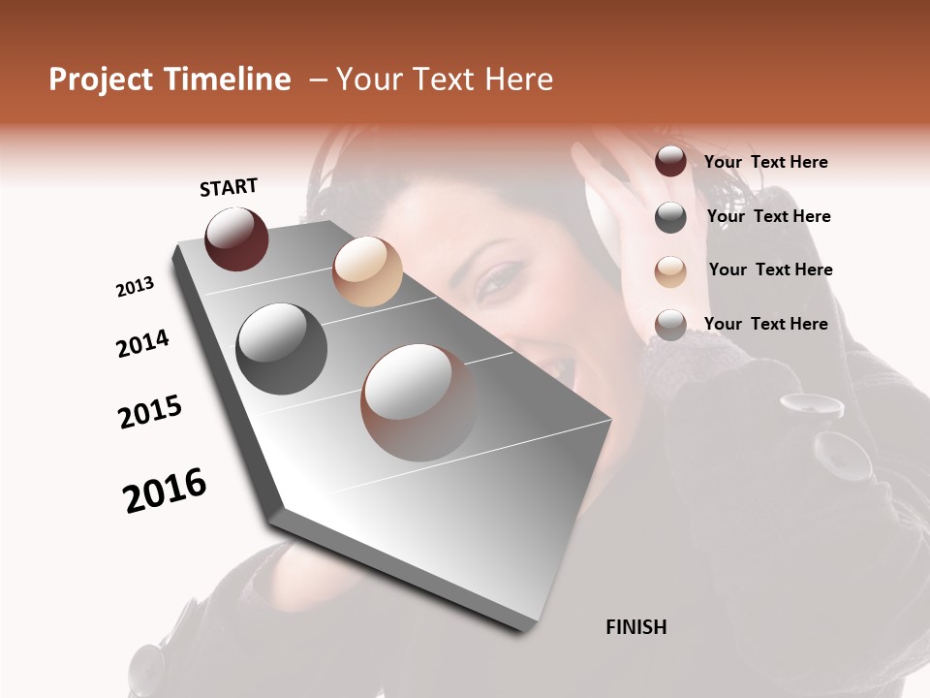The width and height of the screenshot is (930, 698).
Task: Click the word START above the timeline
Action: click(x=229, y=187)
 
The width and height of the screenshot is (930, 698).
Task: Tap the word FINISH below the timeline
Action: click(x=635, y=627)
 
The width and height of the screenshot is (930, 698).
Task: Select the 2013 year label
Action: click(x=135, y=287)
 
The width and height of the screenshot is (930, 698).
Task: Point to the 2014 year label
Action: click(x=142, y=344)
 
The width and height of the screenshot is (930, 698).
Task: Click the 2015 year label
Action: click(x=150, y=412)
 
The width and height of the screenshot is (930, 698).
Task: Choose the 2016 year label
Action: click(x=165, y=491)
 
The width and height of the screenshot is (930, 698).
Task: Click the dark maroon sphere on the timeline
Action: click(x=236, y=238)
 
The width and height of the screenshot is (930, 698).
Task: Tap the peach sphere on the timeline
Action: click(x=367, y=271)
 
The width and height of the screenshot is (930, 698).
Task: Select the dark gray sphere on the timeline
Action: click(x=281, y=349)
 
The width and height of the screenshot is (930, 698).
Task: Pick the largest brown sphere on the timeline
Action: click(x=419, y=402)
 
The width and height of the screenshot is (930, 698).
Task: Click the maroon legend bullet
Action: click(x=670, y=161)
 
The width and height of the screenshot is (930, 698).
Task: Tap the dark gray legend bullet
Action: click(x=670, y=217)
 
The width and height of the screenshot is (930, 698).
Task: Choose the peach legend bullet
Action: click(x=670, y=271)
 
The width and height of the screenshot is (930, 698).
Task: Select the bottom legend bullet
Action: click(x=670, y=325)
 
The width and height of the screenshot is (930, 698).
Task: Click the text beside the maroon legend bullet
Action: click(x=765, y=162)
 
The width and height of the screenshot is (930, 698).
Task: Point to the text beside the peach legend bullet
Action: click(x=770, y=270)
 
